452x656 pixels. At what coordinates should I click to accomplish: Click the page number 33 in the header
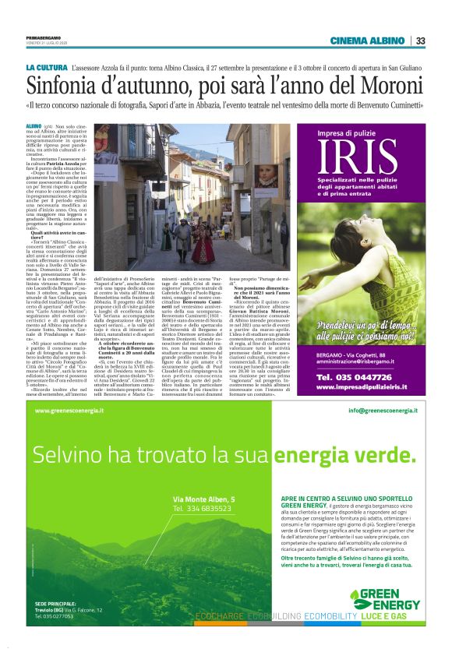tap(420, 41)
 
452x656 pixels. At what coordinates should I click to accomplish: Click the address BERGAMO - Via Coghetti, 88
tap(355, 354)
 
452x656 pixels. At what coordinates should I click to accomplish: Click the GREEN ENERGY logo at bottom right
tap(383, 601)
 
